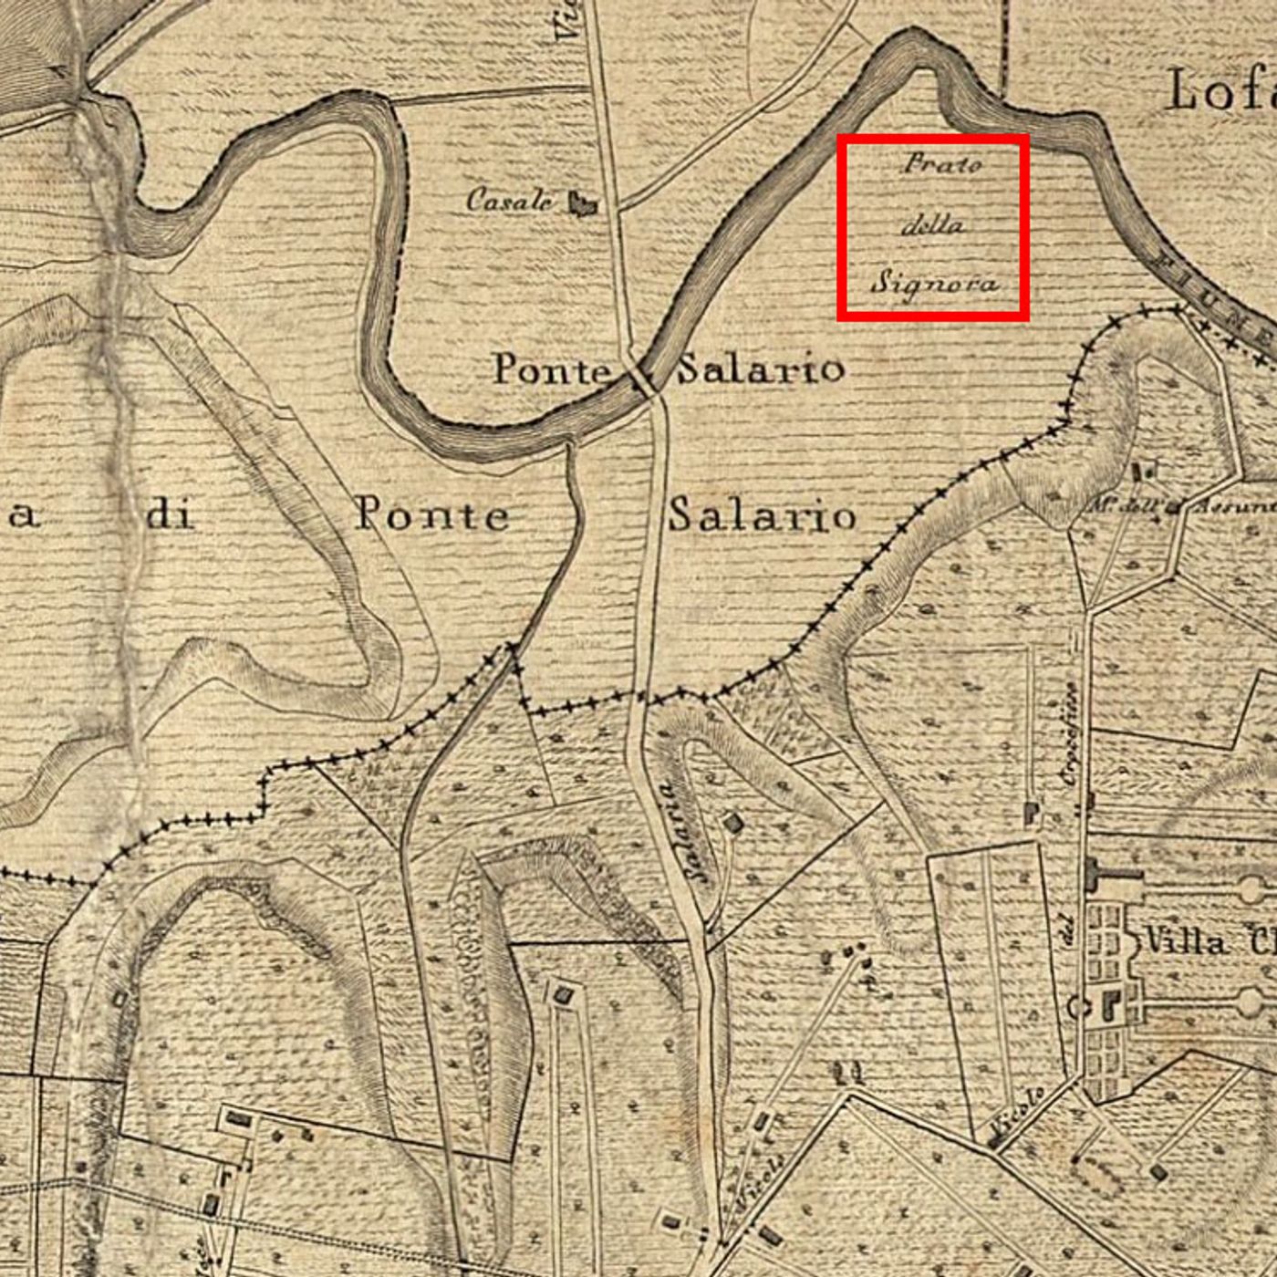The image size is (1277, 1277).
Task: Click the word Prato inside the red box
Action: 942,164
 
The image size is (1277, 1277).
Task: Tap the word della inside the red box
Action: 932,224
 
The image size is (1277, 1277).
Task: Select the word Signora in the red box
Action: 934,282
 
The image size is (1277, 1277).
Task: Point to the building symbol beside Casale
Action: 582,203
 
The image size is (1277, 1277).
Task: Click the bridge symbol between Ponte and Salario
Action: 643,378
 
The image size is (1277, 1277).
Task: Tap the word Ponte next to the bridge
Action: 552,369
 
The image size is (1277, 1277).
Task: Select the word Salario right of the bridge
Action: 760,369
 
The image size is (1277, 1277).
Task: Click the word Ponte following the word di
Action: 431,514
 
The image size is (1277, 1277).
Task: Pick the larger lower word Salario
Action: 762,515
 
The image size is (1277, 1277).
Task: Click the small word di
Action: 171,515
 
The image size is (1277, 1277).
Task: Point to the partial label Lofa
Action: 1220,91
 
